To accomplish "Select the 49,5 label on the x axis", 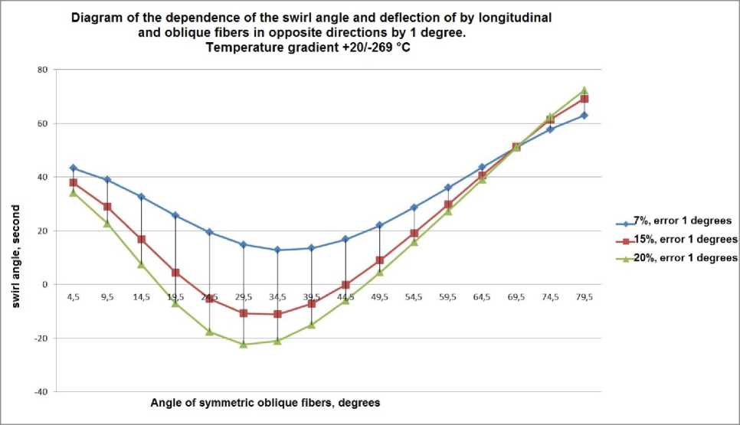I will click(380, 296).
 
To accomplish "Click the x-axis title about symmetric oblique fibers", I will click(265, 402).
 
